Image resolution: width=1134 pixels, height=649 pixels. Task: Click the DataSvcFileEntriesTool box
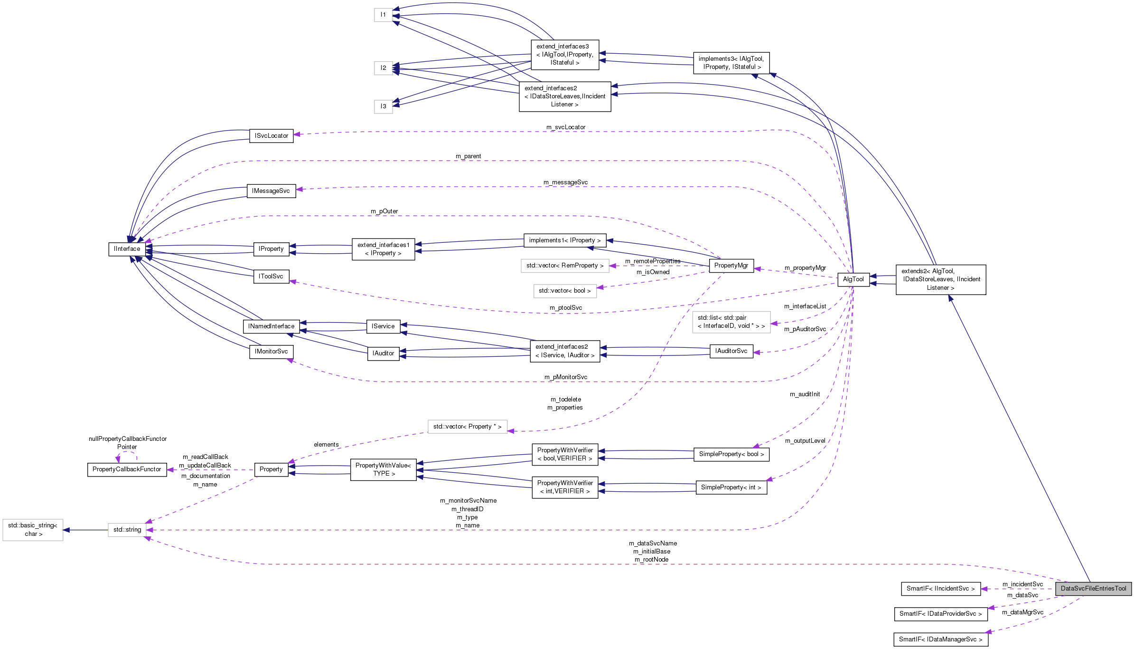point(1093,588)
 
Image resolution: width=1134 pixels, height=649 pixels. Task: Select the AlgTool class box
point(853,279)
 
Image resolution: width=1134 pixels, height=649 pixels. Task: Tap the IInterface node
point(127,249)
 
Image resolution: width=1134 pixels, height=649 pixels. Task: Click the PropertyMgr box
point(731,266)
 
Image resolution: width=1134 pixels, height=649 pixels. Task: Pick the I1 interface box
point(383,15)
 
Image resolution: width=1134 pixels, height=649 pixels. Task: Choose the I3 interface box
point(383,106)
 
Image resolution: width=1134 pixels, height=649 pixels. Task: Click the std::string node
point(127,530)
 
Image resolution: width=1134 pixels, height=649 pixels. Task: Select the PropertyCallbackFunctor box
point(127,469)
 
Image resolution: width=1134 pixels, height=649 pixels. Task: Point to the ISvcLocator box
point(271,136)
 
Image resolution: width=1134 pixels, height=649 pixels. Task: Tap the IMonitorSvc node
point(271,352)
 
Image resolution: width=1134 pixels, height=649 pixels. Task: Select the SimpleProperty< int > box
point(731,487)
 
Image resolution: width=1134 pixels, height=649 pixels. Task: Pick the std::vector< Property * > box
point(467,427)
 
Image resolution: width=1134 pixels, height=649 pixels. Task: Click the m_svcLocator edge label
point(565,127)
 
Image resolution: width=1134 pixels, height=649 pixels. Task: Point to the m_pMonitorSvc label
point(565,377)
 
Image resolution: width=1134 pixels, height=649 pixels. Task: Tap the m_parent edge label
point(468,156)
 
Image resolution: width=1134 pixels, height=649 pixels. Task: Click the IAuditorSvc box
point(731,351)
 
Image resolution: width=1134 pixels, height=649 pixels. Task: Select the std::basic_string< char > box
point(33,530)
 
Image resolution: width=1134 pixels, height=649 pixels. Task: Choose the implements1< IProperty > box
point(564,240)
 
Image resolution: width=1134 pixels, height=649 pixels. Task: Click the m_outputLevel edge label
point(805,441)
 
